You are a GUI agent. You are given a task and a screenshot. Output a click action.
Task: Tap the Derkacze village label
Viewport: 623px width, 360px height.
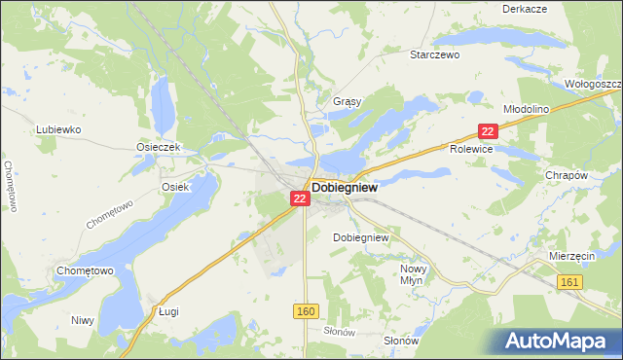pyautogui.click(x=524, y=8)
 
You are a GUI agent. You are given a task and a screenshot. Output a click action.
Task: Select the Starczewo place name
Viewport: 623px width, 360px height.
pyautogui.click(x=434, y=55)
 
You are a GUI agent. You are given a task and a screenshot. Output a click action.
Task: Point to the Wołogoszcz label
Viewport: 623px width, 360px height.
pyautogui.click(x=593, y=84)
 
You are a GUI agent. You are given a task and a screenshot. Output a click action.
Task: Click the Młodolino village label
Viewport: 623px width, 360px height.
pyautogui.click(x=528, y=110)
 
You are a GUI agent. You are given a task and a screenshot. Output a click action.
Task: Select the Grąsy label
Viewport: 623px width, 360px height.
pyautogui.click(x=347, y=101)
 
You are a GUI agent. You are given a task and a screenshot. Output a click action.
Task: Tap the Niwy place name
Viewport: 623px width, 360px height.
pyautogui.click(x=82, y=319)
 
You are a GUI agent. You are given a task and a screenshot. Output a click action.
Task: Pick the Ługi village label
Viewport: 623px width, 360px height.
pyautogui.click(x=169, y=311)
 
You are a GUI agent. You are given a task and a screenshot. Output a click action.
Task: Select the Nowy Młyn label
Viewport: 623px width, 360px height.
pyautogui.click(x=415, y=273)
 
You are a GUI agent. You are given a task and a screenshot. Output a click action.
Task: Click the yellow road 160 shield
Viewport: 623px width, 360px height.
pyautogui.click(x=305, y=309)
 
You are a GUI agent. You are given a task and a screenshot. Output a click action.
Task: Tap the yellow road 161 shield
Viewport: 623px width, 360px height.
pyautogui.click(x=571, y=281)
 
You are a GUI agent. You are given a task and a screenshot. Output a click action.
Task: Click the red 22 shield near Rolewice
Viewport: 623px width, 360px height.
pyautogui.click(x=489, y=130)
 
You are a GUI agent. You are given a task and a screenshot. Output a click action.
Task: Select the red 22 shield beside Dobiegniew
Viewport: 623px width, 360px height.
pyautogui.click(x=300, y=198)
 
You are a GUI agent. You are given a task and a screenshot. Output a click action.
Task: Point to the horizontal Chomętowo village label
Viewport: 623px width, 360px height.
pyautogui.click(x=86, y=270)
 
